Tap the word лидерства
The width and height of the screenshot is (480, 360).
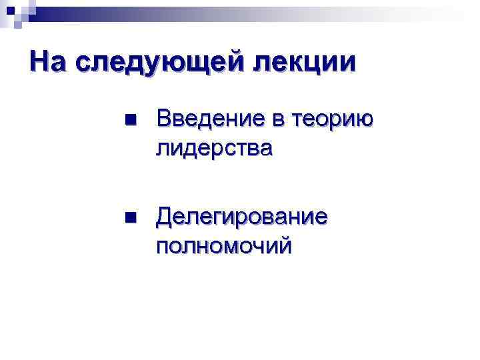coord(213,147)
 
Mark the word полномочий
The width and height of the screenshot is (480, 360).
coord(223,245)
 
